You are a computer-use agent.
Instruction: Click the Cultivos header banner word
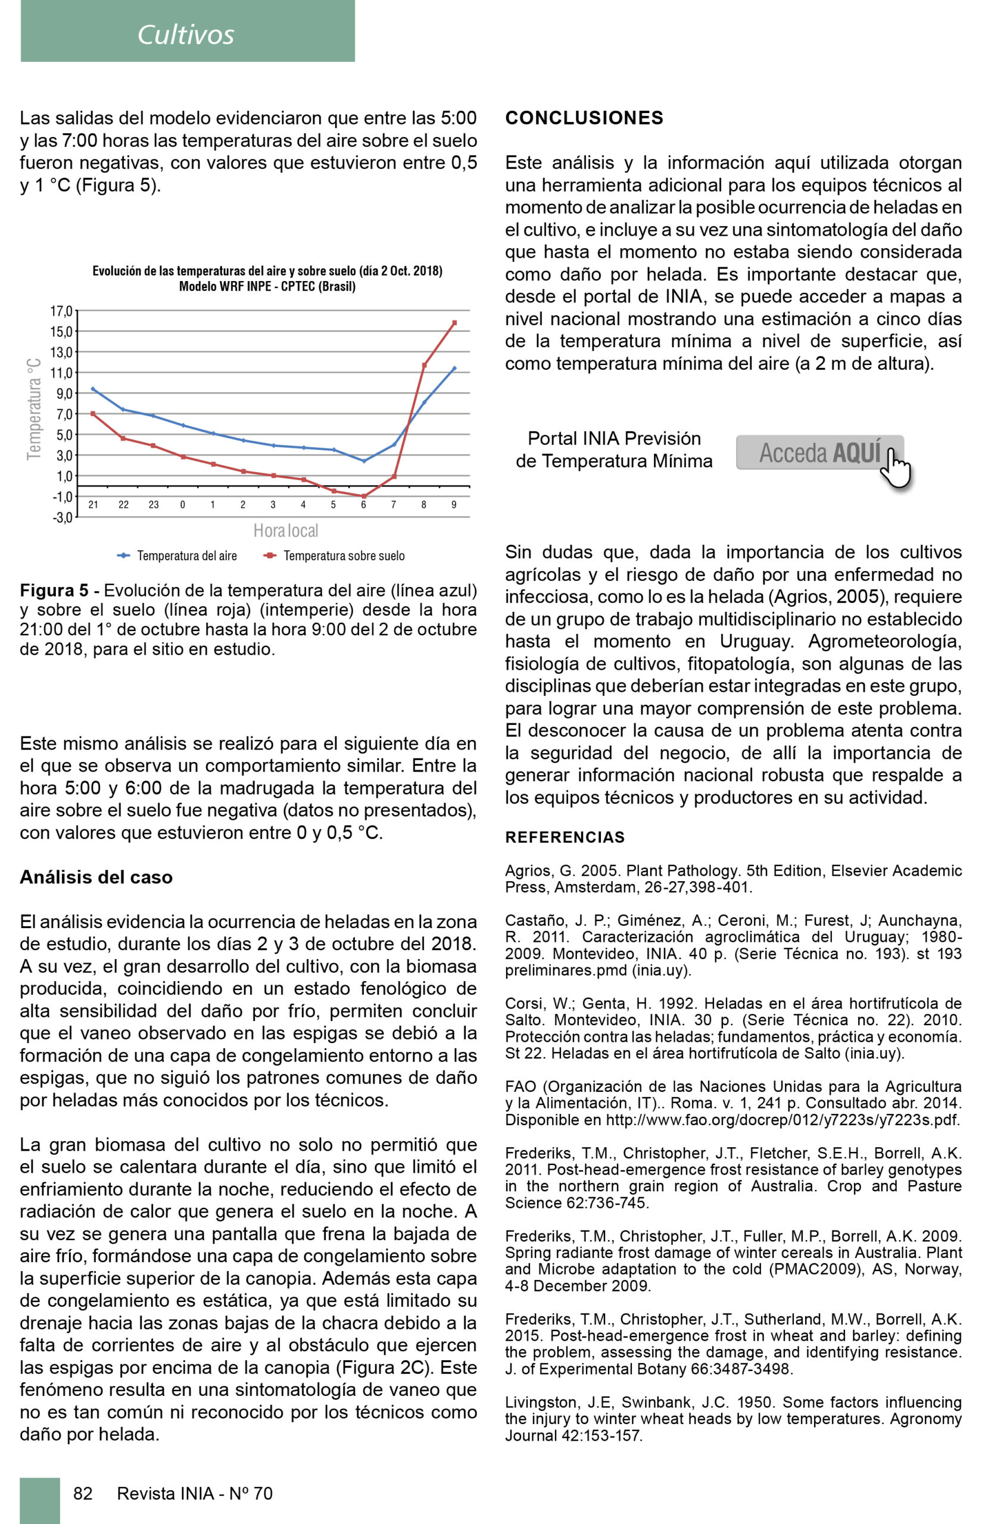tap(186, 35)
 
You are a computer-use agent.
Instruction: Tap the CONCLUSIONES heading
tap(584, 118)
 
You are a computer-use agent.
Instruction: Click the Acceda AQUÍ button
tap(819, 452)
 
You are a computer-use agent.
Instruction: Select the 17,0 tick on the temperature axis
tap(62, 311)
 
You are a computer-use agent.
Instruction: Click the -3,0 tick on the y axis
tap(63, 517)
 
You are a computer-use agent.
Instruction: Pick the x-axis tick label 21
tap(93, 505)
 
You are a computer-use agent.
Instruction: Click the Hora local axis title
tap(286, 531)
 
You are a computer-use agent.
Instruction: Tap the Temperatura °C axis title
tap(33, 409)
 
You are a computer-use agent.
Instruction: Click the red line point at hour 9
tap(455, 323)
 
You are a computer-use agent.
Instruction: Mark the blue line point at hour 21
tap(93, 388)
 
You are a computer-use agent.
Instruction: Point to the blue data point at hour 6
tap(364, 461)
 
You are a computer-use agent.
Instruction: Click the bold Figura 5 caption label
tap(54, 591)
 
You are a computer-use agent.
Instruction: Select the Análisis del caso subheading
tap(96, 877)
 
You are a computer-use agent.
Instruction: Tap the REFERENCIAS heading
tap(565, 837)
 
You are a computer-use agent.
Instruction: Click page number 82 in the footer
tap(83, 1493)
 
